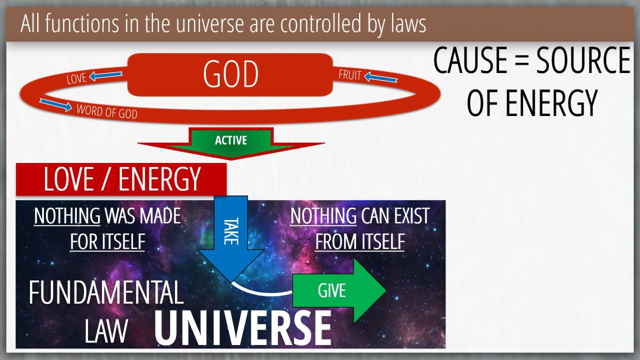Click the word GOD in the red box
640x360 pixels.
pyautogui.click(x=230, y=74)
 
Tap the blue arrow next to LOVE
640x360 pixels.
pyautogui.click(x=105, y=75)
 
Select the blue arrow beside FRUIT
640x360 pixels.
pyautogui.click(x=381, y=77)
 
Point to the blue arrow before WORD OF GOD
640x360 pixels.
pyautogui.click(x=55, y=105)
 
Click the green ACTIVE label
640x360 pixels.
pyautogui.click(x=231, y=140)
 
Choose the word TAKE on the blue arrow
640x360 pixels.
pyautogui.click(x=231, y=231)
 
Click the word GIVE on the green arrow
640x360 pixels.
pyautogui.click(x=332, y=290)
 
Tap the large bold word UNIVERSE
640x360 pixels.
pyautogui.click(x=243, y=328)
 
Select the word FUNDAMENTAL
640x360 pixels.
pyautogui.click(x=106, y=292)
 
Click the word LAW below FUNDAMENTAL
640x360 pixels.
pyautogui.click(x=106, y=330)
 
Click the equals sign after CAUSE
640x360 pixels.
pyautogui.click(x=522, y=61)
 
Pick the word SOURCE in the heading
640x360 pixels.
pyautogui.click(x=583, y=60)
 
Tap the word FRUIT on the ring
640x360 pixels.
pyautogui.click(x=349, y=75)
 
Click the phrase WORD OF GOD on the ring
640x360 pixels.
pyautogui.click(x=107, y=111)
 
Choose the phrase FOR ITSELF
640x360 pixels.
pyautogui.click(x=107, y=242)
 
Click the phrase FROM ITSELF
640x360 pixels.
pyautogui.click(x=360, y=242)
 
